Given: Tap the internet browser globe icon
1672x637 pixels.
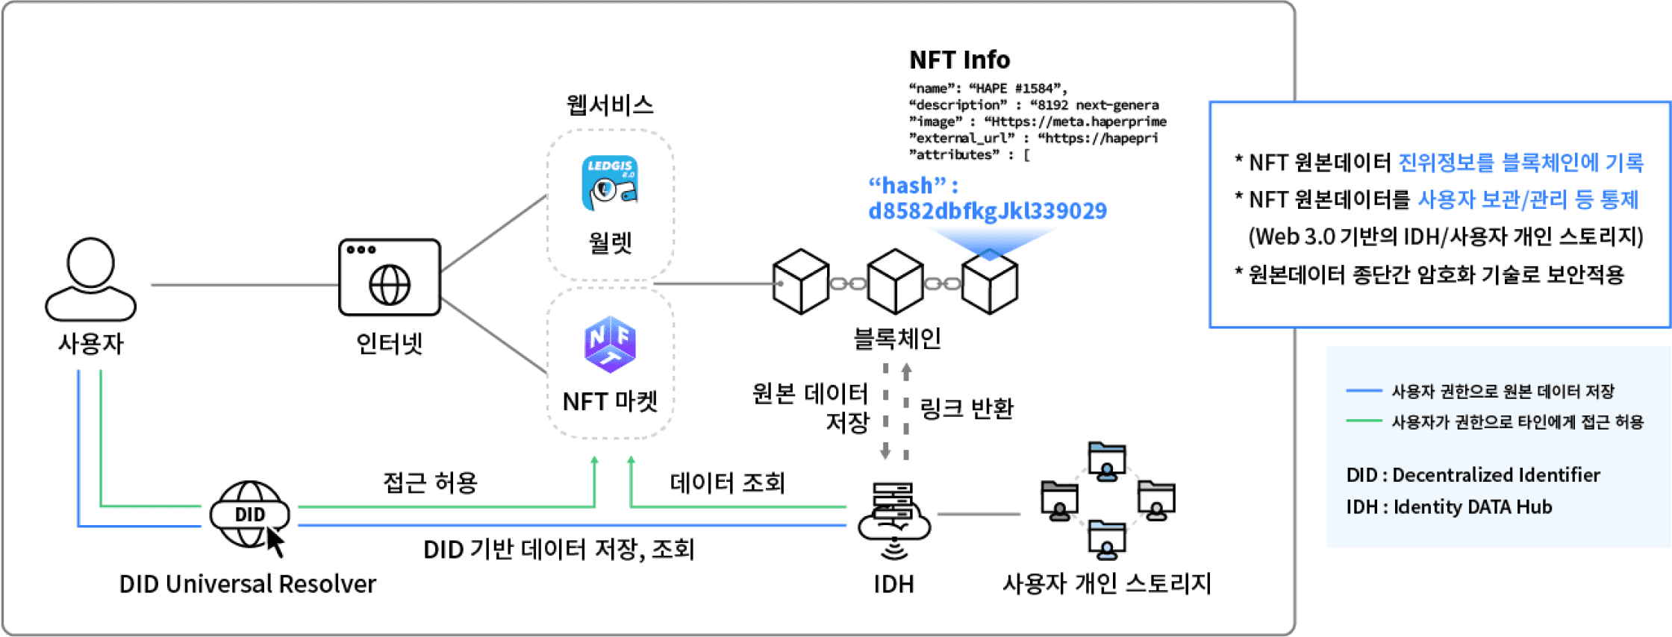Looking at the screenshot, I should pos(390,277).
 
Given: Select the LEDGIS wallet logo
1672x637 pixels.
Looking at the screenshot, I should pos(610,183).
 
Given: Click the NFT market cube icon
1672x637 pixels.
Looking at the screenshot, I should pos(610,344).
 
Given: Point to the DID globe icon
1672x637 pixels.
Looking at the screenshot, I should pos(250,515).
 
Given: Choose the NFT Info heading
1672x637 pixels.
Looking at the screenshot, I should pos(959,60).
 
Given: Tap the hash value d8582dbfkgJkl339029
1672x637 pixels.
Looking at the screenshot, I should pos(987,211).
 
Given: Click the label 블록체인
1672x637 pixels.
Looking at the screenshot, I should pos(896,339).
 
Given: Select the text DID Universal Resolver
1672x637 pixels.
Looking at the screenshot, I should pos(247,583).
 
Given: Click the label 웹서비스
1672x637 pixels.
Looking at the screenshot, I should pos(609,104).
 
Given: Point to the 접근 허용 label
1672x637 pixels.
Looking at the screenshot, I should pos(430,483).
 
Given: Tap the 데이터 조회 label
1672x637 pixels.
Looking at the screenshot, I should pos(727,483).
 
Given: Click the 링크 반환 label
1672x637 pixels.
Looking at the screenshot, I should pos(967,408).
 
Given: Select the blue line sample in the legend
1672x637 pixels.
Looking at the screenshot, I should pos(1363,391).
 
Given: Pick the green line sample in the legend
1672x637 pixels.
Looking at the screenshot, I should pos(1363,421).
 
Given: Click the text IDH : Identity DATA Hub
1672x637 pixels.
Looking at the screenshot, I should pos(1449,507).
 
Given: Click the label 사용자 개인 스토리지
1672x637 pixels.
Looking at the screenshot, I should pos(1106,583).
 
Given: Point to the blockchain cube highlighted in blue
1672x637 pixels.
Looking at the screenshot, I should pos(989,284).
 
